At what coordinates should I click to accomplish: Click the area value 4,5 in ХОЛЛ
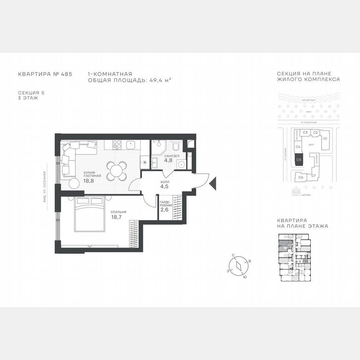tap(164, 186)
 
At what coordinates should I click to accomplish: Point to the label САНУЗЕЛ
tap(171, 156)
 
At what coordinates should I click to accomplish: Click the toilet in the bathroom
tap(176, 146)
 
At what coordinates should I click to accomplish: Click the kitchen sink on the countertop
tap(131, 145)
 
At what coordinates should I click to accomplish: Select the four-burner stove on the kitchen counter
tap(117, 145)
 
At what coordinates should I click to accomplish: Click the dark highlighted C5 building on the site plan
tap(299, 160)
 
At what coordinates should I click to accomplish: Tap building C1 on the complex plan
tap(325, 138)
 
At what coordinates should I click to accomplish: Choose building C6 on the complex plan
tap(301, 177)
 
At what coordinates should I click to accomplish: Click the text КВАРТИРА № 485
tap(45, 74)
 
